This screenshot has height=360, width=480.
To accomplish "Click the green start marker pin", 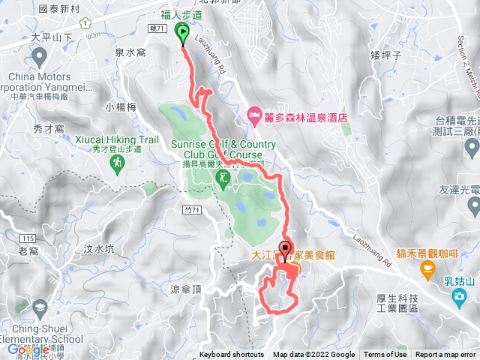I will point(182,32).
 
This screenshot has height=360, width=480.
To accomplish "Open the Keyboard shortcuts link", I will point(232,355).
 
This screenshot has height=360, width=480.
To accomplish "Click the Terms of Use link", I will point(385,355).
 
